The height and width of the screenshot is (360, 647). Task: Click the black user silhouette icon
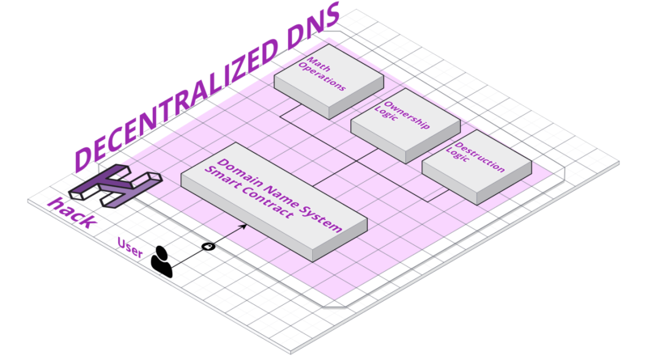click(162, 261)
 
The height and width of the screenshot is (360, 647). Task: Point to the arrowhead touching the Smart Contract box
click(243, 229)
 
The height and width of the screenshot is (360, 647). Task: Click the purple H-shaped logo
click(113, 186)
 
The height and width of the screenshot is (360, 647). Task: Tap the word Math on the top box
click(317, 62)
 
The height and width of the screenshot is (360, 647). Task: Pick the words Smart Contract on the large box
click(263, 202)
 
